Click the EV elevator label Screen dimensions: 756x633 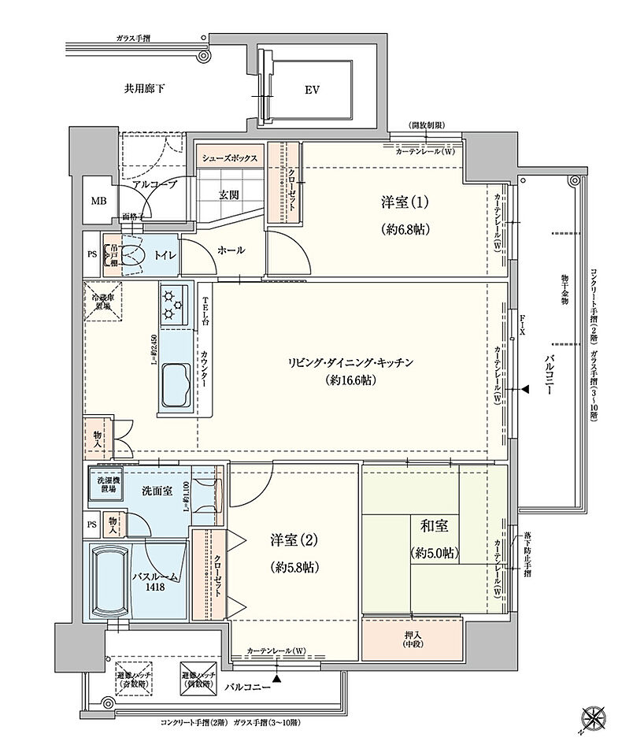pos(312,90)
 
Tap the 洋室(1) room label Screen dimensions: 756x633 pos(405,202)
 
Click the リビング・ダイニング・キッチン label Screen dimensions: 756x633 pos(350,362)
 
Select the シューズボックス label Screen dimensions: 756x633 pos(230,158)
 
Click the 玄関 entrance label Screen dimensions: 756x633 pos(230,195)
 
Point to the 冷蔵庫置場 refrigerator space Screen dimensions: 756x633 pos(102,300)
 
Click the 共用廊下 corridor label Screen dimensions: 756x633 pos(144,89)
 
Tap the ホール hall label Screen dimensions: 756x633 pos(230,250)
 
